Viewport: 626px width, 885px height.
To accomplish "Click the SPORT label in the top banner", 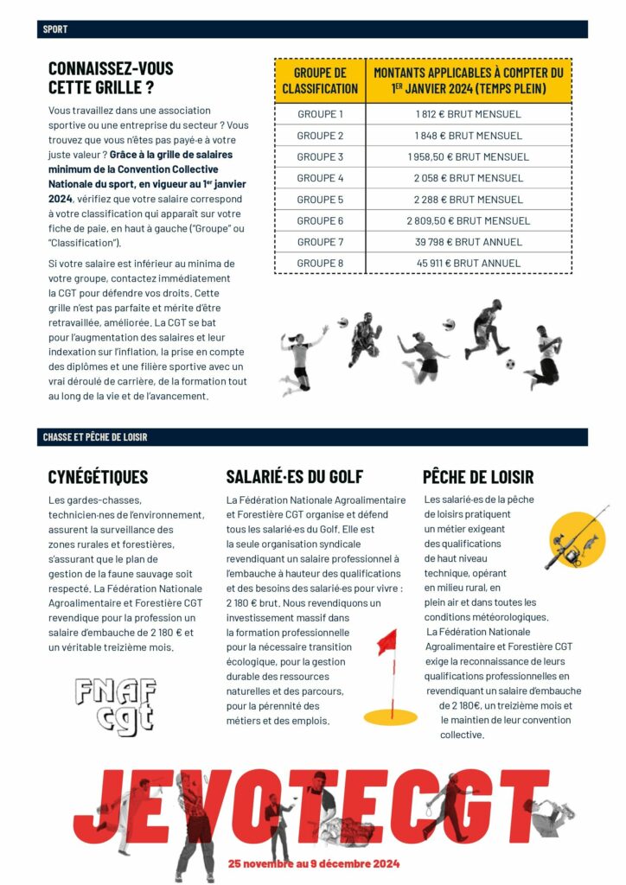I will (55, 29).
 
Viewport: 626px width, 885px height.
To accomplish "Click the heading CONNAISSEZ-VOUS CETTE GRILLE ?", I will (111, 77).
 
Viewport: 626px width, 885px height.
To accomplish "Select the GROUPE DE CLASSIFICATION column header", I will (320, 80).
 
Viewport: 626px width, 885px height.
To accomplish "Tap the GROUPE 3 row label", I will (320, 156).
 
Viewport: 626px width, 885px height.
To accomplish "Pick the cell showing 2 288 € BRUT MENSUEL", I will (469, 200).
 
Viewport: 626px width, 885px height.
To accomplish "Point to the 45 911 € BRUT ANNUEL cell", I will (469, 263).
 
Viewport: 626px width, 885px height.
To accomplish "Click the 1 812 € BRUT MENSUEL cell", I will (469, 114).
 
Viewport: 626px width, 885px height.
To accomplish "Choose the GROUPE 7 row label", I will (320, 242).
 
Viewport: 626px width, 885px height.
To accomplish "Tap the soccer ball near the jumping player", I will (510, 364).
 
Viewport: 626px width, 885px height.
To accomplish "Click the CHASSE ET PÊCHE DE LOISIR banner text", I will (95, 437).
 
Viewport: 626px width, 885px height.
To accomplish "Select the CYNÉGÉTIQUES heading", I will (98, 476).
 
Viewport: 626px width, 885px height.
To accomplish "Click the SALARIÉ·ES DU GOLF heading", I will (294, 476).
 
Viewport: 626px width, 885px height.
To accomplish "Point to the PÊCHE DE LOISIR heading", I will (478, 476).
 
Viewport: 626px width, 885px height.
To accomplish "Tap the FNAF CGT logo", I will (115, 702).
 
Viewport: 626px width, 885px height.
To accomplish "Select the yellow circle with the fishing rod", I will (578, 538).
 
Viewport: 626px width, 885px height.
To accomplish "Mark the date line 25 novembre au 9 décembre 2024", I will (314, 863).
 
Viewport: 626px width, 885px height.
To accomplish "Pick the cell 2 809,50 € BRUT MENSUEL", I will (469, 221).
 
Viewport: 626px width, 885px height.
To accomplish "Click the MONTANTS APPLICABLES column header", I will (469, 80).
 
